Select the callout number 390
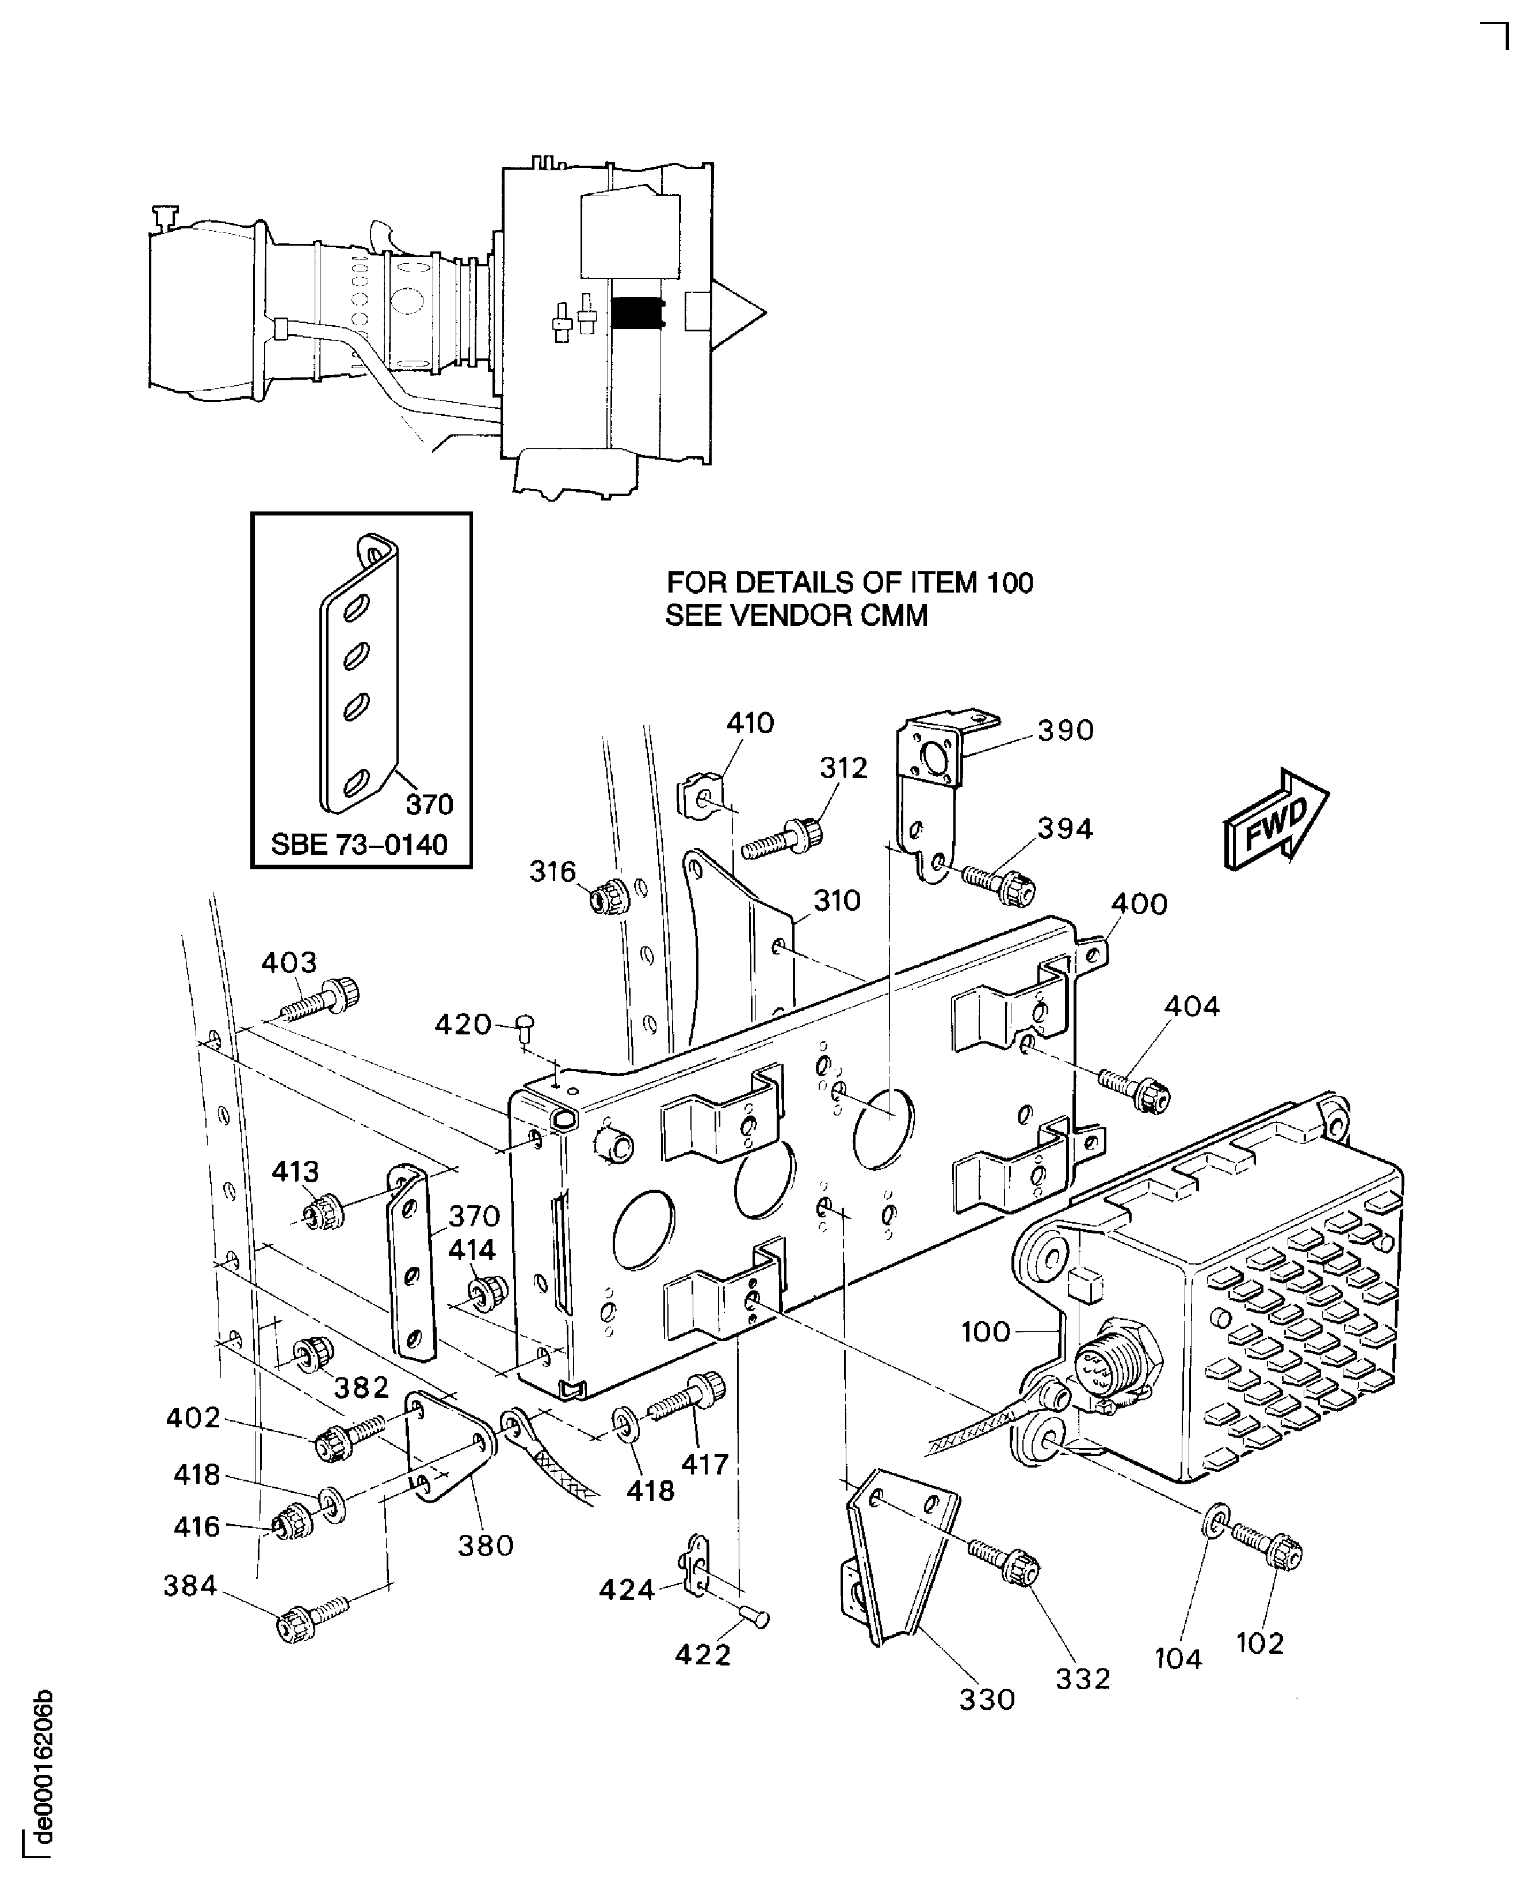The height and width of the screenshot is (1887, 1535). click(x=1066, y=731)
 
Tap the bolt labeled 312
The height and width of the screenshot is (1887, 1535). click(x=782, y=838)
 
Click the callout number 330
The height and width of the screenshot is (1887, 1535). click(x=987, y=1699)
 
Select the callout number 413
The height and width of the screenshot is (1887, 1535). click(x=295, y=1172)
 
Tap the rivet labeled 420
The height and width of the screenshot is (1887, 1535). click(x=526, y=1026)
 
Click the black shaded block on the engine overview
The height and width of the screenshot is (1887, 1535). click(x=637, y=313)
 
